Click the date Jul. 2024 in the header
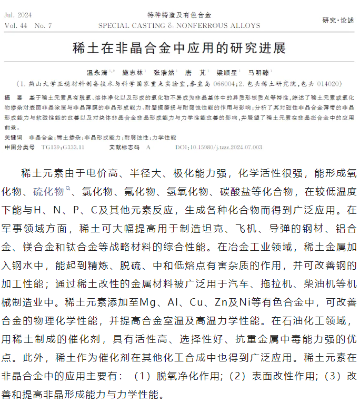(17, 16)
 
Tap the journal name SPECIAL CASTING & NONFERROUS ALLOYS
(179, 25)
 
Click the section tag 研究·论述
(338, 20)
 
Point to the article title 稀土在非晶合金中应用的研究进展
(179, 49)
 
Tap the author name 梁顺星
(226, 73)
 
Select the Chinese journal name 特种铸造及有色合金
(179, 15)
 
